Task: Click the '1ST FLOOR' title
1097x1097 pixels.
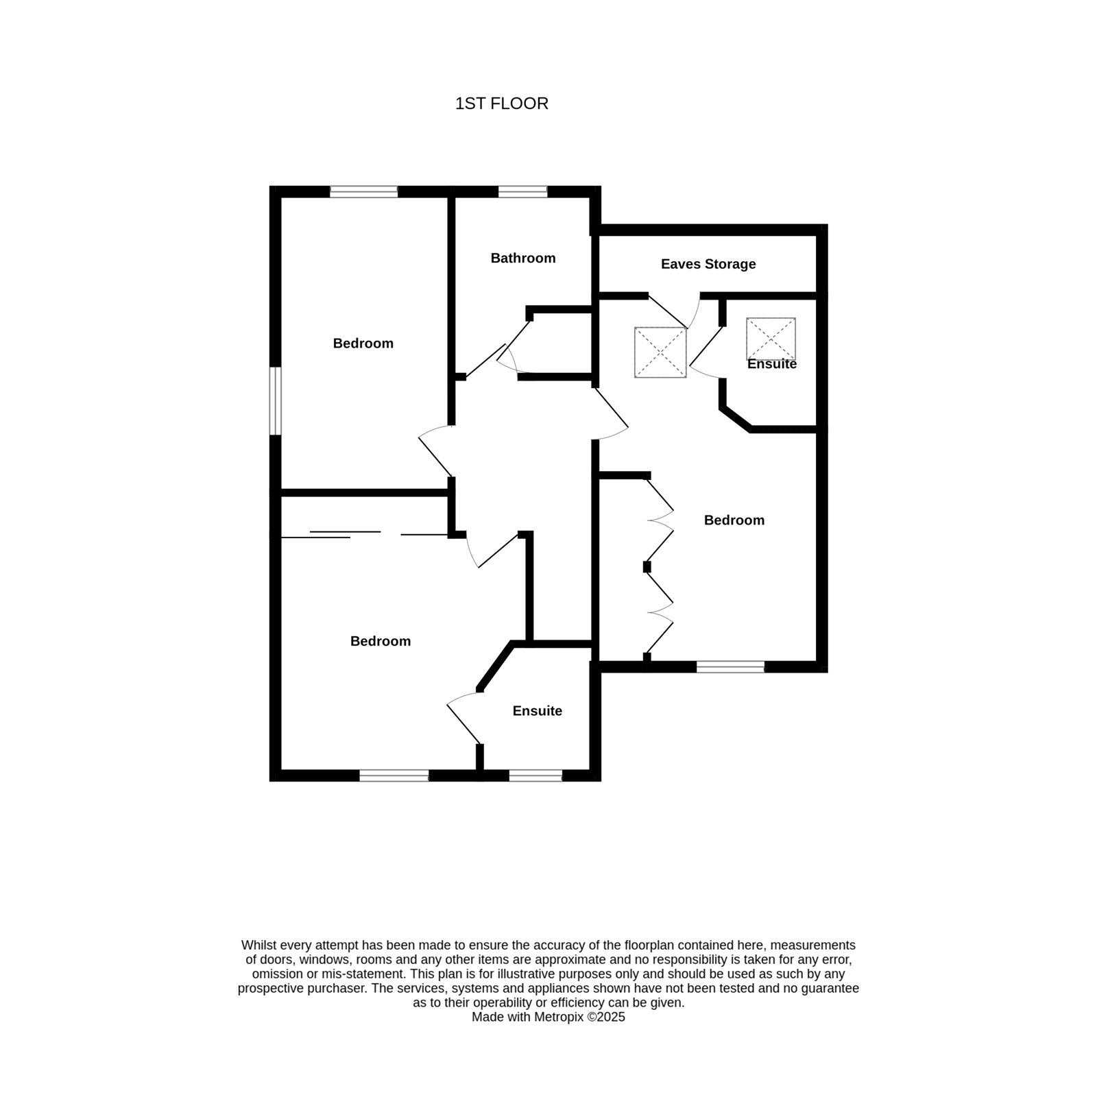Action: [x=502, y=104]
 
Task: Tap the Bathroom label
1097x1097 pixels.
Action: [x=523, y=258]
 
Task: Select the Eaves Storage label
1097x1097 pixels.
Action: [x=708, y=264]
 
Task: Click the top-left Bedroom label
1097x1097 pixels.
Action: [x=363, y=343]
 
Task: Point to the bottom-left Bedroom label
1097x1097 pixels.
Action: [x=381, y=641]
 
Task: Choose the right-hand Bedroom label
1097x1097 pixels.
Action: [x=734, y=520]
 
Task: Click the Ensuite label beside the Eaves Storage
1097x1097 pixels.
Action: [x=772, y=364]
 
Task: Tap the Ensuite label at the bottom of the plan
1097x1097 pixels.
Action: [x=538, y=711]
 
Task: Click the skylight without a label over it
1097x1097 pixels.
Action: [x=660, y=352]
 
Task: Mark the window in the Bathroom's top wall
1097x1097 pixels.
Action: [x=522, y=192]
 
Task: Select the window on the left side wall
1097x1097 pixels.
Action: [x=276, y=401]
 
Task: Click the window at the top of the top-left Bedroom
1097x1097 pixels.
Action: [x=363, y=192]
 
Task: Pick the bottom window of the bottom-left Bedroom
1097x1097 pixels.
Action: [x=394, y=775]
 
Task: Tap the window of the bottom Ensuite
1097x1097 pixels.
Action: [x=535, y=775]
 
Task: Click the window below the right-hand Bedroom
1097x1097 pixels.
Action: [x=730, y=666]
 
